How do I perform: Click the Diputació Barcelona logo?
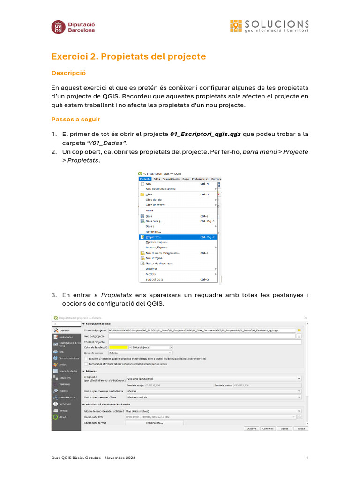pos(73,26)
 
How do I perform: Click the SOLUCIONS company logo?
pos(269,26)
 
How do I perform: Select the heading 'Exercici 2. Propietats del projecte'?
pos(128,57)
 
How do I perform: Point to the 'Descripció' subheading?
pos(68,74)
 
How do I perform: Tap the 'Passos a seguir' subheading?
pos(75,120)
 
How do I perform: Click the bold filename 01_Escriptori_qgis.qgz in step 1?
pos(205,134)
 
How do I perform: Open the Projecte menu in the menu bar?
pos(145,179)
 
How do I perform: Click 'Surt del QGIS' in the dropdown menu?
pos(154,279)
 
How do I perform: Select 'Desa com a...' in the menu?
pos(154,221)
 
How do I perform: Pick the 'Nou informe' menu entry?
pos(154,258)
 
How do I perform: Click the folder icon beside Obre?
pos(142,195)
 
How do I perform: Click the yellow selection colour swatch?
pos(118,347)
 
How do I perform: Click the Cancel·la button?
pos(268,428)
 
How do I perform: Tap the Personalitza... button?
pos(154,423)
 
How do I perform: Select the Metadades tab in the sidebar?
pos(65,337)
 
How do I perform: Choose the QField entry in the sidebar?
pos(64,417)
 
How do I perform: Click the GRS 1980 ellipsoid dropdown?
pos(213,378)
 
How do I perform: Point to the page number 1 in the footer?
pos(307,457)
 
